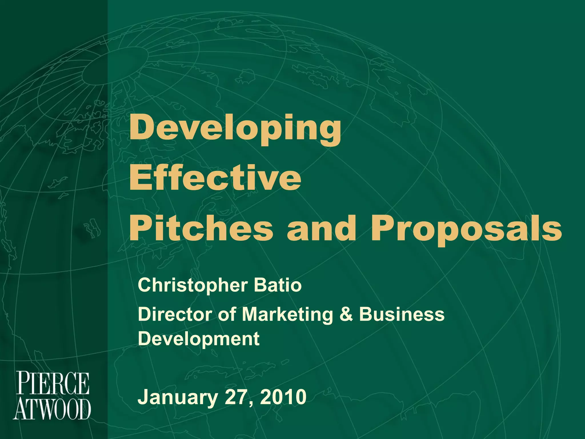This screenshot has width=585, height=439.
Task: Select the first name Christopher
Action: (x=193, y=286)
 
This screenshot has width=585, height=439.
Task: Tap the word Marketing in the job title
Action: (x=287, y=315)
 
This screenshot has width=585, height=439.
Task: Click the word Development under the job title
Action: (x=199, y=339)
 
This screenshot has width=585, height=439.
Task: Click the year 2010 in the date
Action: (x=283, y=397)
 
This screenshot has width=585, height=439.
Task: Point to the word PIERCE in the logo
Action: (x=53, y=383)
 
